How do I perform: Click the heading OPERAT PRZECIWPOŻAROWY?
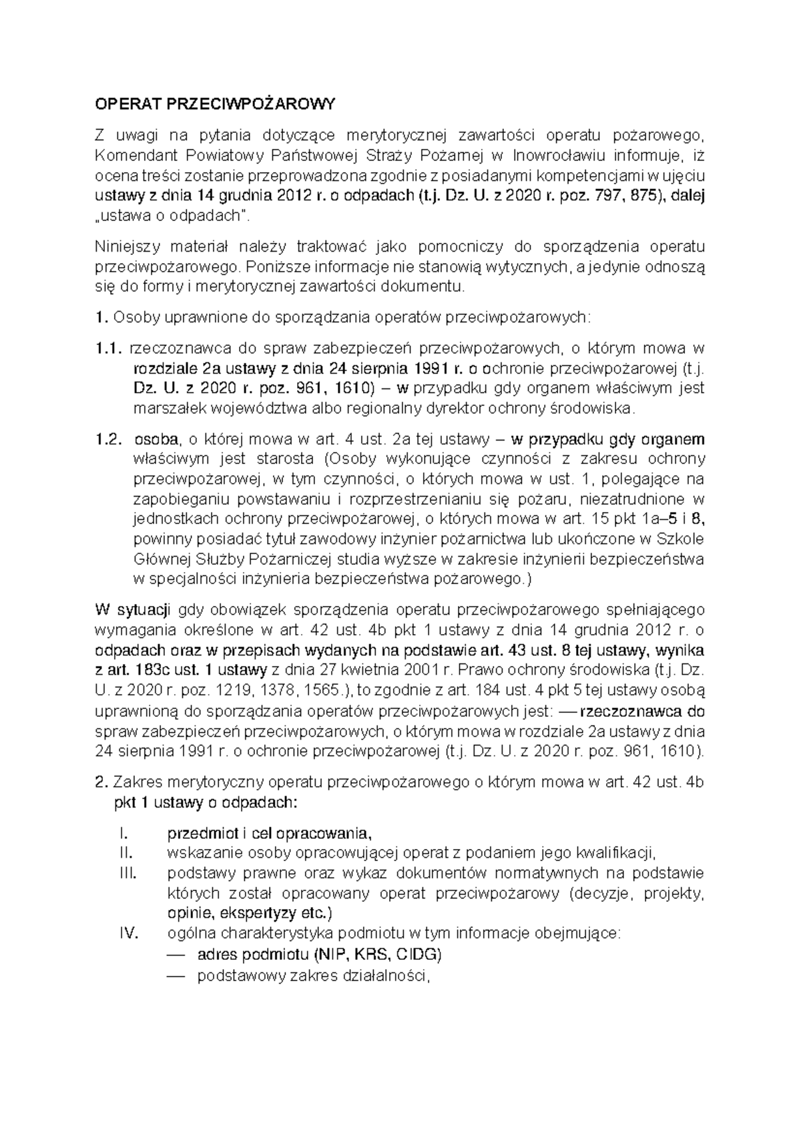(x=214, y=105)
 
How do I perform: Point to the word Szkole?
(x=682, y=539)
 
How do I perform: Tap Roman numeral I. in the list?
(x=121, y=833)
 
